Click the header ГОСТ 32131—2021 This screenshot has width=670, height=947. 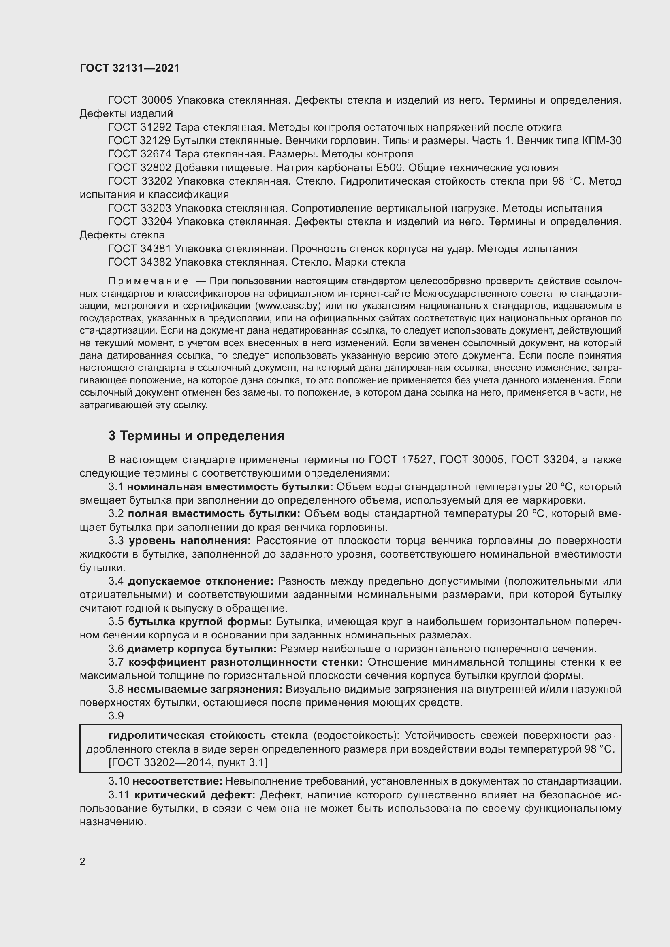(x=130, y=68)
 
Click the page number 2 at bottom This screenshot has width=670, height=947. (x=83, y=861)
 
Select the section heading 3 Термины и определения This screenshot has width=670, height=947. (x=196, y=436)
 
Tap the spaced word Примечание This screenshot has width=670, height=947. (x=148, y=281)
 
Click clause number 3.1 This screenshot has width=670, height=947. (x=116, y=487)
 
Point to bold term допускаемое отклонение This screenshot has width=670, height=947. (x=201, y=581)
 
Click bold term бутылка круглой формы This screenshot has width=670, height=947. (x=200, y=621)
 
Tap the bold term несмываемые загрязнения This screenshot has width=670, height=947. (x=204, y=689)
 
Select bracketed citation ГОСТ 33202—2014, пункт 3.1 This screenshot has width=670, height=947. (x=188, y=763)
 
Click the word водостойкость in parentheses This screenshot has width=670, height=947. (x=354, y=735)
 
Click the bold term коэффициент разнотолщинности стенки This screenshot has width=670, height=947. (x=245, y=662)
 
